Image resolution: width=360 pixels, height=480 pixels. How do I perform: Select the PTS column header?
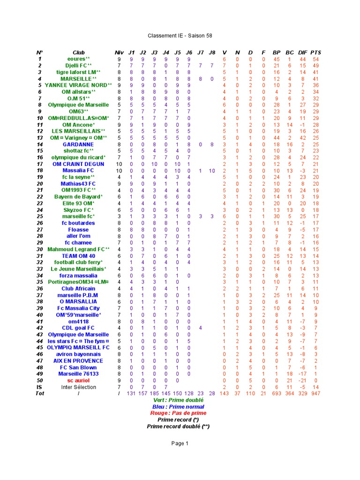pyautogui.click(x=316, y=52)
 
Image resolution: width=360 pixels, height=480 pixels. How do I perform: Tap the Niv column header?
pyautogui.click(x=119, y=52)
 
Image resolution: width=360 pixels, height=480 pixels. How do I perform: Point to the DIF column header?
pyautogui.click(x=302, y=52)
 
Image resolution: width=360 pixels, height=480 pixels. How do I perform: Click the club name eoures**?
pyautogui.click(x=78, y=59)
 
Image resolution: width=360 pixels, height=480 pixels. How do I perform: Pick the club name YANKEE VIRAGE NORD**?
pyautogui.click(x=78, y=85)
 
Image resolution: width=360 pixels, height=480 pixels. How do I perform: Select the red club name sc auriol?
pyautogui.click(x=78, y=381)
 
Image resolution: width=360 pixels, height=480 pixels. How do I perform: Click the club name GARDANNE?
pyautogui.click(x=78, y=144)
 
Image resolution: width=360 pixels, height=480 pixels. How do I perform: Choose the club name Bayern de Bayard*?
pyautogui.click(x=78, y=197)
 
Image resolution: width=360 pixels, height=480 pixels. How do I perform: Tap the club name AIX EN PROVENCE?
pyautogui.click(x=78, y=361)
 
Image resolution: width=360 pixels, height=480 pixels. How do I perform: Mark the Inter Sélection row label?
pyautogui.click(x=78, y=387)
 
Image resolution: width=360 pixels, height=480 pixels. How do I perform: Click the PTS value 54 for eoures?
pyautogui.click(x=316, y=59)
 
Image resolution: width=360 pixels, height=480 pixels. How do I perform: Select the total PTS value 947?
pyautogui.click(x=316, y=394)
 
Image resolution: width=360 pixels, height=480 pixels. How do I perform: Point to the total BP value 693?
pyautogui.click(x=276, y=394)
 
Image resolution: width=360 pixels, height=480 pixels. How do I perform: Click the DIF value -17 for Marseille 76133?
pyautogui.click(x=302, y=374)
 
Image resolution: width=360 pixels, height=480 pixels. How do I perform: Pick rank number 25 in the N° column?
pyautogui.click(x=40, y=217)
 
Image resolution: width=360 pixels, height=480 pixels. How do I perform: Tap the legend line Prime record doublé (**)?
pyautogui.click(x=178, y=427)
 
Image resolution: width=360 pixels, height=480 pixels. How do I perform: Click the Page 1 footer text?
pyautogui.click(x=180, y=443)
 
